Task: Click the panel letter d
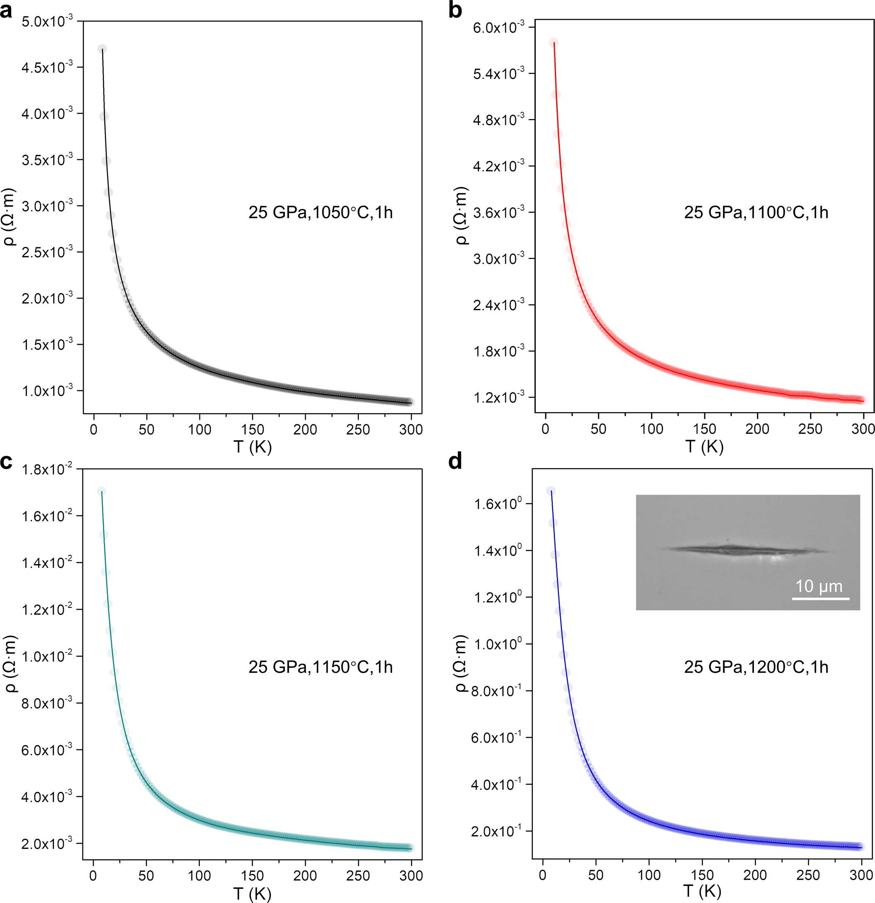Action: (x=455, y=461)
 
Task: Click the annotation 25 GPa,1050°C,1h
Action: (x=321, y=212)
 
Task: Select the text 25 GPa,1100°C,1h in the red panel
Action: (x=756, y=212)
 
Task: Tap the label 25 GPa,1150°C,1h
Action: (x=321, y=667)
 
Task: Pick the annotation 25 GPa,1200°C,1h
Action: (x=756, y=667)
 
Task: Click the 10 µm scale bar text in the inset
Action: (x=819, y=587)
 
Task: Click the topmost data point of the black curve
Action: (x=102, y=49)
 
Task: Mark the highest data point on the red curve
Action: (x=553, y=42)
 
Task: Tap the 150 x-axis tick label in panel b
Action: (x=704, y=429)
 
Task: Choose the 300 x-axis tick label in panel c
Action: (x=411, y=876)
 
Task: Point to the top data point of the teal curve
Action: (x=102, y=492)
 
